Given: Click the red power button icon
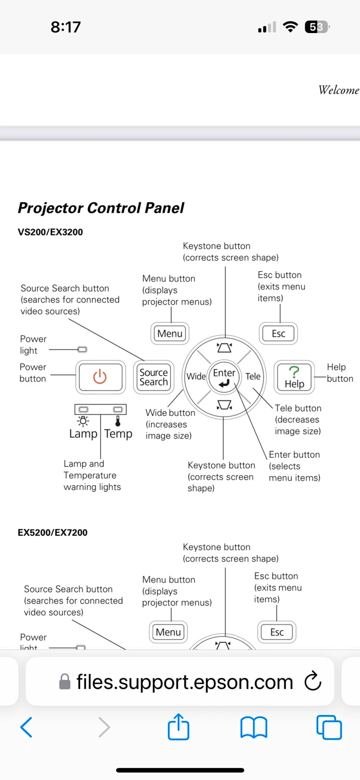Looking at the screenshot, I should click(100, 376).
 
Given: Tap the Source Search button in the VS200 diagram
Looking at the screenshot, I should click(154, 376).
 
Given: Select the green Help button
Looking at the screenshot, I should click(294, 376).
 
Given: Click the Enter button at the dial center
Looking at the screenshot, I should click(224, 377).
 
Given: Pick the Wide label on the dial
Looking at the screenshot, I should click(196, 376).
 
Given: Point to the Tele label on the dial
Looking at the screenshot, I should click(253, 376).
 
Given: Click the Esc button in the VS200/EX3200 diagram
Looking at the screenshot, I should click(279, 334).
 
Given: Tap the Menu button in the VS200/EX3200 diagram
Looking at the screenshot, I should click(170, 334).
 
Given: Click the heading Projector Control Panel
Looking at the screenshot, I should click(101, 208).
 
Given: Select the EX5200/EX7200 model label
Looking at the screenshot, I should click(53, 532).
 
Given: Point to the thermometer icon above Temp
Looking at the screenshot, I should click(117, 421).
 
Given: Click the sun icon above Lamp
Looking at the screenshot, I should click(83, 421).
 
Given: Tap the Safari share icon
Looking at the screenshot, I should click(179, 727).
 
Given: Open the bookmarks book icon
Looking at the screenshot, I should click(254, 727).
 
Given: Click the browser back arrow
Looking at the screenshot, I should click(26, 727).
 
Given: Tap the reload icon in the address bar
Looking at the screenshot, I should click(313, 682).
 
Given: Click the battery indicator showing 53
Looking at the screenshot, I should click(317, 27).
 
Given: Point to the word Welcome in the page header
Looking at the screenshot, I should click(338, 90).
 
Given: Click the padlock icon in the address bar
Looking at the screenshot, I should click(65, 681).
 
